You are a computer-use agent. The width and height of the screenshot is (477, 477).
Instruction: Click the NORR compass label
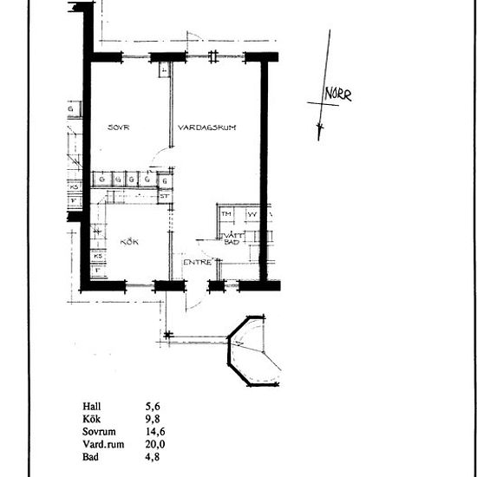337,95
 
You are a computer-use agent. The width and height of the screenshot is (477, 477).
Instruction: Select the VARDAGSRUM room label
207,127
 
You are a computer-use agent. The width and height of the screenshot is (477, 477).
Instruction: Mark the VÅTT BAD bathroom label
232,238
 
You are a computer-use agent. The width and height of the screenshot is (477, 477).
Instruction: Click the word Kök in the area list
90,419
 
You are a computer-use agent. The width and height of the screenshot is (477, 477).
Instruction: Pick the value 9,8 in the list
153,419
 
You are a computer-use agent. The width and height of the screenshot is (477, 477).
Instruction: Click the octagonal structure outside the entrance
253,353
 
